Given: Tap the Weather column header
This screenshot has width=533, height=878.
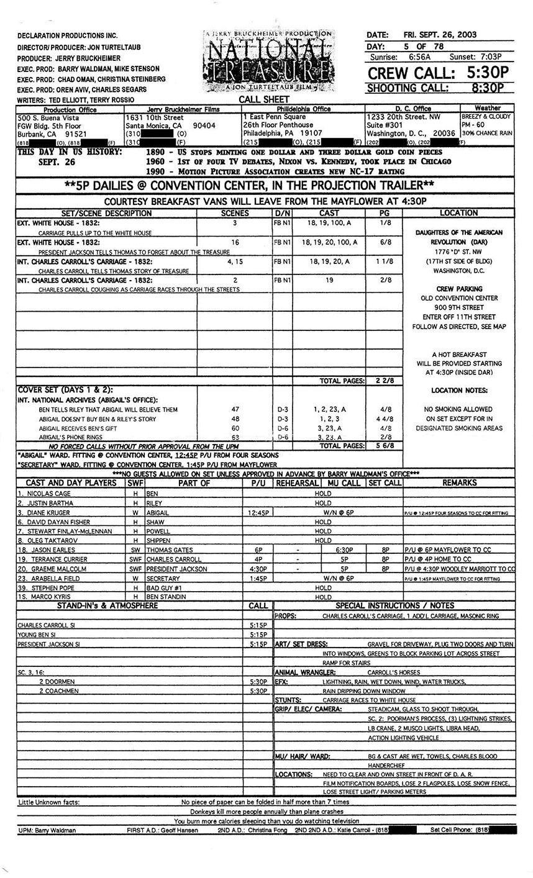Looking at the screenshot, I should point(487,108).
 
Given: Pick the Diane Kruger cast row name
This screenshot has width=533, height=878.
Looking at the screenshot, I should point(47,513).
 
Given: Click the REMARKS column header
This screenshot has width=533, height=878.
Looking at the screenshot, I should point(459,482).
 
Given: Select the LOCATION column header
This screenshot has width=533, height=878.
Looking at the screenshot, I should point(458,213).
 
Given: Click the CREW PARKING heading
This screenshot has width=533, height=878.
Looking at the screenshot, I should point(458,289).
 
